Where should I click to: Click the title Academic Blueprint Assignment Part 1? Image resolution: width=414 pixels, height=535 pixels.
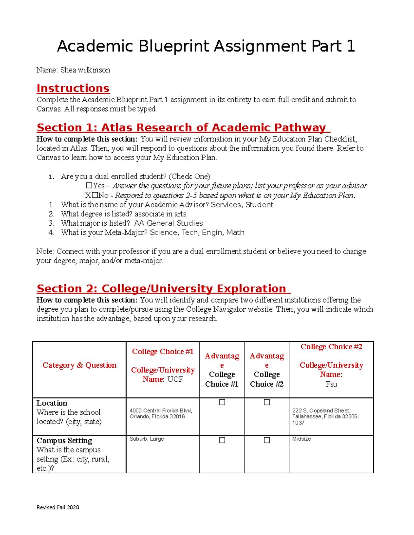click(x=206, y=46)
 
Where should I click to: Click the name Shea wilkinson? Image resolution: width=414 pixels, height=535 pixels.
click(x=85, y=70)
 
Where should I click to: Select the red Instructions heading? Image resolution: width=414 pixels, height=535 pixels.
click(x=73, y=88)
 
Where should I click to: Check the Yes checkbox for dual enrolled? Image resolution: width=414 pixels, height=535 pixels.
click(x=89, y=186)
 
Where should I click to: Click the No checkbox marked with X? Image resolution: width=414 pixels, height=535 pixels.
click(x=95, y=195)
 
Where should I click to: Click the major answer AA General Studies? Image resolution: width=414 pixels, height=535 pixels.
click(x=168, y=223)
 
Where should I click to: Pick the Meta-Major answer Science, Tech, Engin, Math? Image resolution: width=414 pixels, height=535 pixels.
click(x=197, y=233)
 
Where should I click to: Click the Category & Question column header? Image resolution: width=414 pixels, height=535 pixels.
click(x=79, y=365)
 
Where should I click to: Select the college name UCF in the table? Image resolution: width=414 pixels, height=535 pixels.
click(x=175, y=379)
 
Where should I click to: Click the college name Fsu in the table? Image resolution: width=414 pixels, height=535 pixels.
click(x=331, y=384)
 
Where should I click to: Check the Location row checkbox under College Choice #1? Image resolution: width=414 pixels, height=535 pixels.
click(x=222, y=402)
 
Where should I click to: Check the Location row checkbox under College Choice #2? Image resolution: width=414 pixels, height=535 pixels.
click(x=267, y=402)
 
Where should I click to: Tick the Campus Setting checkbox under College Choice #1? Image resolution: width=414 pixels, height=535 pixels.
click(x=222, y=440)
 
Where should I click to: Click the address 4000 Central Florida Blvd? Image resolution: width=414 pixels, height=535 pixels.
click(x=161, y=411)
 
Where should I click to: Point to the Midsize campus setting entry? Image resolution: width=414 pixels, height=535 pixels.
click(x=302, y=439)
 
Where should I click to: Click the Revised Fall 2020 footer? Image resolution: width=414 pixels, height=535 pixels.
click(x=58, y=507)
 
